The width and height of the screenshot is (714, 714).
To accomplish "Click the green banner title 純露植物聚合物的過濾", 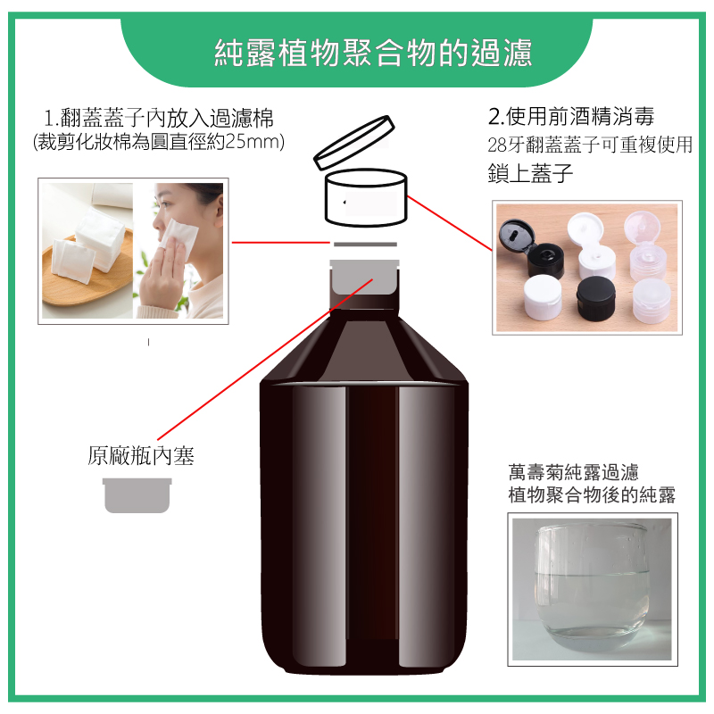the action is tap(373, 54).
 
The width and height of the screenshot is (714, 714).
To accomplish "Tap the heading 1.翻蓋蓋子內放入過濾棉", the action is tap(159, 118).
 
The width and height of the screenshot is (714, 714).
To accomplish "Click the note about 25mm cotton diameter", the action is tap(159, 142).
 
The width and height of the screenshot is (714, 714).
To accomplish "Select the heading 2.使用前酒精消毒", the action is tap(571, 116).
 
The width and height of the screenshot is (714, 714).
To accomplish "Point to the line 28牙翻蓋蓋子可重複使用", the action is tap(590, 145).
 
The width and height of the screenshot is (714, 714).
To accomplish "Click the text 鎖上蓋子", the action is tap(530, 173).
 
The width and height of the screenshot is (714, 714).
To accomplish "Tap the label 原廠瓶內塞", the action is tap(141, 455).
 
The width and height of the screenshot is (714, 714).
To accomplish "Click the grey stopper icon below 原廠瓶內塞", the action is tap(137, 495).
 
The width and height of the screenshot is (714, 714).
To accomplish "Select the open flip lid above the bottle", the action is tap(353, 143).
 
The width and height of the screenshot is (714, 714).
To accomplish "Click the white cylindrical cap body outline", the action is tap(366, 197).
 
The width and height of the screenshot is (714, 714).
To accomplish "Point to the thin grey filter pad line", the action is tap(365, 245).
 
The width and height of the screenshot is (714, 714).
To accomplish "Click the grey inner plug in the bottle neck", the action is tap(364, 277).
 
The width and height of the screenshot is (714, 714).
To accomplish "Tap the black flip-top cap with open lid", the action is tap(531, 247).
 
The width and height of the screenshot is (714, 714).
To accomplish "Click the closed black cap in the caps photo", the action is tap(595, 297).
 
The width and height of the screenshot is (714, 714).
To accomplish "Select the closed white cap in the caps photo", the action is tap(543, 297).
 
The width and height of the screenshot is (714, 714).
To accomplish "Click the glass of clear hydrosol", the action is tap(592, 587).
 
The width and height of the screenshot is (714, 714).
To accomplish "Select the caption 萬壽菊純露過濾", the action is tap(573, 472).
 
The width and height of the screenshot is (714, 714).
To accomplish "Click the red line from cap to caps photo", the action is tap(450, 223).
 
